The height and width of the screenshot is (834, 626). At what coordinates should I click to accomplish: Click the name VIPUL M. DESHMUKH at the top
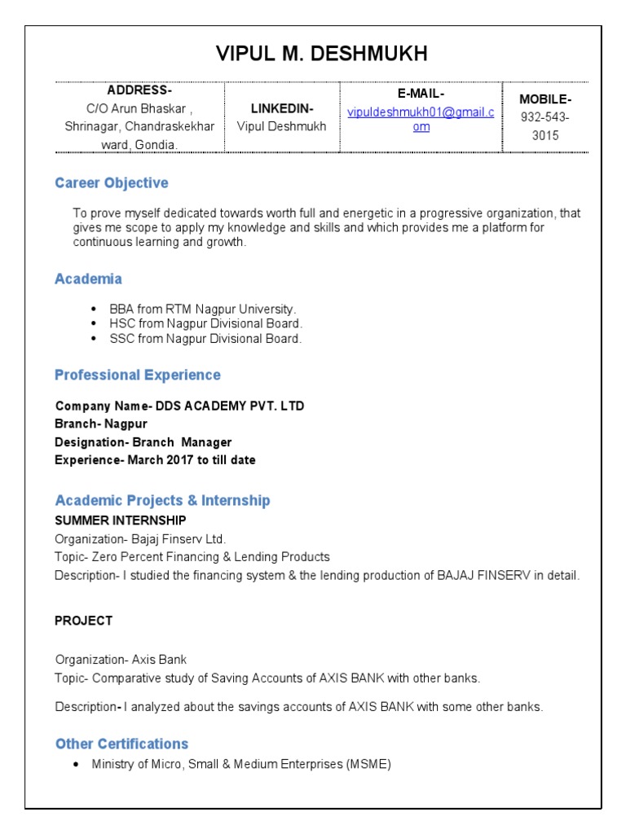321,55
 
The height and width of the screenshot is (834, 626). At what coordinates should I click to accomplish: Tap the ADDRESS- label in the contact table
139,90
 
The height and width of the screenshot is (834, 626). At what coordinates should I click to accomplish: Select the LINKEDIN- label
281,108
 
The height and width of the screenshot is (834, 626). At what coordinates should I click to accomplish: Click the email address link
421,119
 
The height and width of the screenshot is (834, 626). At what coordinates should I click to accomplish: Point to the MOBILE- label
545,99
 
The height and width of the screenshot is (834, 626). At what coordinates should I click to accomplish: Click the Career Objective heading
112,182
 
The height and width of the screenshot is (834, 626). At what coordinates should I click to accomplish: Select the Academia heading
88,279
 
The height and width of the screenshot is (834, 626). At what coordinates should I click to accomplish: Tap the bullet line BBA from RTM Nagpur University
203,309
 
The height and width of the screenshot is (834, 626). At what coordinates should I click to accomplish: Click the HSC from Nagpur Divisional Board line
205,324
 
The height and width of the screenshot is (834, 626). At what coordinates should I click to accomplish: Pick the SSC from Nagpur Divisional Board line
205,339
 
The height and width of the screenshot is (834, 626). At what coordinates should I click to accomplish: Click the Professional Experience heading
138,375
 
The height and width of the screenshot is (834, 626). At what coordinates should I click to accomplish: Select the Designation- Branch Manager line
143,442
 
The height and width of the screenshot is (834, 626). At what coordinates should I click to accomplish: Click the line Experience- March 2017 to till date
155,460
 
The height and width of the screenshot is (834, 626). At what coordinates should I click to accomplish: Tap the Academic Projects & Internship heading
162,500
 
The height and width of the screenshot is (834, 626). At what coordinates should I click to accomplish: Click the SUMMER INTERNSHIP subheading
121,520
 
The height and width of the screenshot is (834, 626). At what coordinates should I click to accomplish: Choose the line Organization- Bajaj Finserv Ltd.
140,539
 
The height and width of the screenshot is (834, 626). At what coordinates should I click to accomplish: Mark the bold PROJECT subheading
83,621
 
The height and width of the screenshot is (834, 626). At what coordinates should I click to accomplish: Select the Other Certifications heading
121,744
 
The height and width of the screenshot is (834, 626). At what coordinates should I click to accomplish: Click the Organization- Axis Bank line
121,660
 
